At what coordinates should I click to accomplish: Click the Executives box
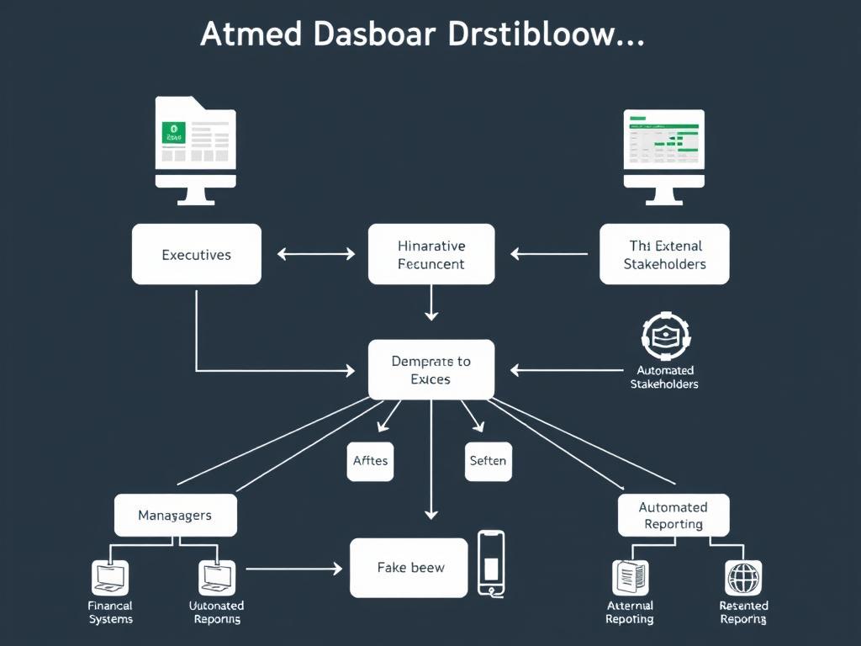[197, 254]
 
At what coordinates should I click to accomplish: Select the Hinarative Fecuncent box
[430, 254]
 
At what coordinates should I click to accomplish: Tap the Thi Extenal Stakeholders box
[664, 254]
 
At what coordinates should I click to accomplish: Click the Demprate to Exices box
[430, 370]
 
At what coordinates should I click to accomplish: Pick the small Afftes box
[370, 460]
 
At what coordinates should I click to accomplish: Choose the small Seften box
[488, 460]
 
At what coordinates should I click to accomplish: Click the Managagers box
[175, 515]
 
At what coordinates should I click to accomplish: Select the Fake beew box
[409, 568]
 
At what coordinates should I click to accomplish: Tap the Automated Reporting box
[673, 515]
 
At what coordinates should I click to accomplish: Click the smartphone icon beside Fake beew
[491, 562]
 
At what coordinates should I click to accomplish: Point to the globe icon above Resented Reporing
[743, 578]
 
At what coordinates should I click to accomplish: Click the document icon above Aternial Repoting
[630, 578]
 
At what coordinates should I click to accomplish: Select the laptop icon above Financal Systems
[110, 578]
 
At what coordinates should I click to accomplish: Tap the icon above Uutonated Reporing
[217, 578]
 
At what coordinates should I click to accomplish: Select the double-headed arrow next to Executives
[315, 253]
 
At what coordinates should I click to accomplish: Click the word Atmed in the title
[249, 34]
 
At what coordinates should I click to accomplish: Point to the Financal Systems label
[110, 612]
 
